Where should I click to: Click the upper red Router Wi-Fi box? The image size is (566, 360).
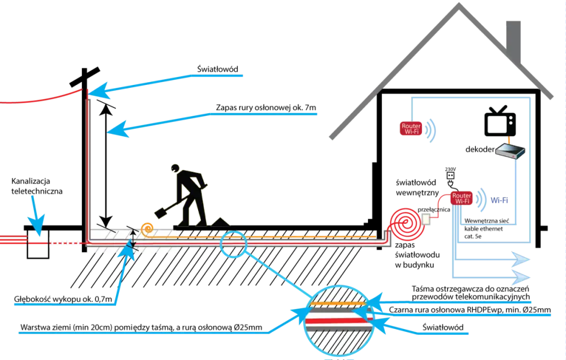[411, 129]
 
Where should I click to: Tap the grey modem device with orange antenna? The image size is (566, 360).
[510, 151]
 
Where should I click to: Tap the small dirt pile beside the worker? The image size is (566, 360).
[219, 223]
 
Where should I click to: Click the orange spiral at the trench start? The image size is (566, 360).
[147, 228]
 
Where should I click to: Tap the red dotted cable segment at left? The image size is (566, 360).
[65, 243]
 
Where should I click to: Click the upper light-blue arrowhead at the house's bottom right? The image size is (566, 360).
[524, 260]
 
